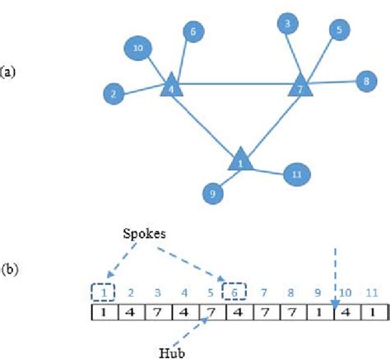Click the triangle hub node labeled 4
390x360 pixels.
coord(170,86)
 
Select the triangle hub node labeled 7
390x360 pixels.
coord(300,86)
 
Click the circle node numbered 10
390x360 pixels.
coord(138,49)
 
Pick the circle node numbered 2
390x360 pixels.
coord(113,94)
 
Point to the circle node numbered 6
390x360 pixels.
coord(193,33)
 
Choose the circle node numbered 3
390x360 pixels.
coord(287,23)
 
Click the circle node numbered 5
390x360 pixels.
coord(338,30)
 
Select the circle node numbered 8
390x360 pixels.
coord(364,81)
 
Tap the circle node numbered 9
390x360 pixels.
coord(214,194)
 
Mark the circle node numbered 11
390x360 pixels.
coord(296,174)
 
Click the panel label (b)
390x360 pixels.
coord(9,268)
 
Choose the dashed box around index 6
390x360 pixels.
coord(235,292)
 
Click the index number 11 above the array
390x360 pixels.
coord(371,292)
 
